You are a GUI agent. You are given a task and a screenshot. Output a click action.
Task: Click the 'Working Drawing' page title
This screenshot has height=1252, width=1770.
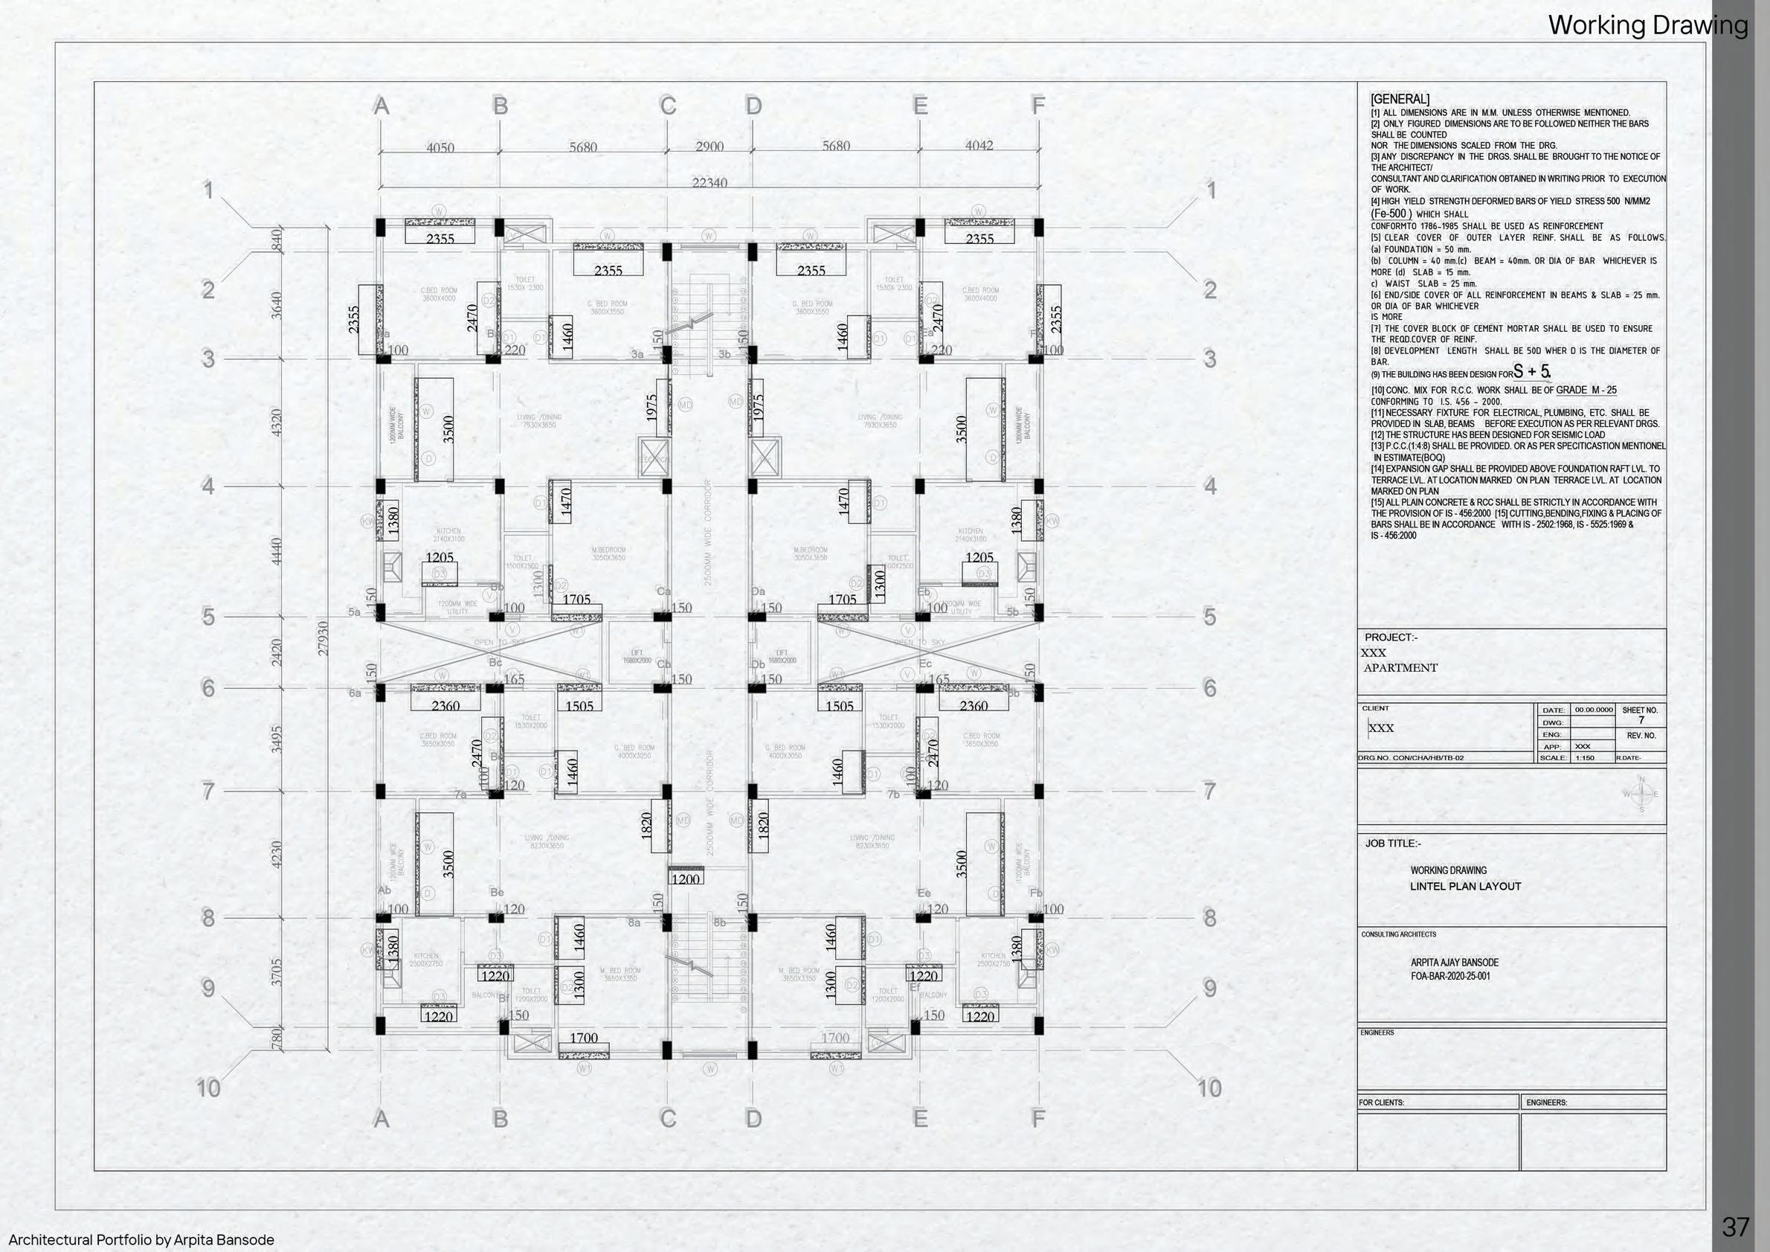(x=1647, y=25)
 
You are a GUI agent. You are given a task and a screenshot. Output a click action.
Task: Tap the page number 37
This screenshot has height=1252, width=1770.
(x=1735, y=1227)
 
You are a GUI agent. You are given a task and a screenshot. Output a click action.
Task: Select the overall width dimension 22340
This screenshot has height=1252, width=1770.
(x=709, y=183)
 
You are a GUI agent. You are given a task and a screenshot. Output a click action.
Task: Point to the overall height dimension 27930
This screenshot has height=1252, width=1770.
(x=323, y=638)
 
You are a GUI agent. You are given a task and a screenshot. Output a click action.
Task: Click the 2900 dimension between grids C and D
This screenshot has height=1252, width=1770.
(x=709, y=146)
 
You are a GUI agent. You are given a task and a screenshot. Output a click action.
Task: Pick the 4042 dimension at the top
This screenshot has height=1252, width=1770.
(x=979, y=145)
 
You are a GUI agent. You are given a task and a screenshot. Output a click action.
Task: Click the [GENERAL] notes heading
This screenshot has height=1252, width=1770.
(x=1399, y=99)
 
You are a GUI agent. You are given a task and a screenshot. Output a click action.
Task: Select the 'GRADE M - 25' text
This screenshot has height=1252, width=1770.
(x=1586, y=390)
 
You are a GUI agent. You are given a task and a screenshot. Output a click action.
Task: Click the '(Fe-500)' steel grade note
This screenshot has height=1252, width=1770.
(x=1391, y=214)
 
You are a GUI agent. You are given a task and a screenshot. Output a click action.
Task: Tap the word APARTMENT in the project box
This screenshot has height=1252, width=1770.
(x=1400, y=667)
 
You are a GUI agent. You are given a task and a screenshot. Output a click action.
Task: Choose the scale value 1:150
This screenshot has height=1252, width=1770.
(x=1584, y=758)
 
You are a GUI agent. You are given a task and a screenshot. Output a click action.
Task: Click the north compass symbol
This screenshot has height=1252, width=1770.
(x=1641, y=794)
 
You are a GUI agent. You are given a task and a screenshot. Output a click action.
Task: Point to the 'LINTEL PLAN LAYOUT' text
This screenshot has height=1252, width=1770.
(x=1465, y=887)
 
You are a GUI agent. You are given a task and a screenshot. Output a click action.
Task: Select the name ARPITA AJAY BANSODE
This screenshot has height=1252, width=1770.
(x=1454, y=962)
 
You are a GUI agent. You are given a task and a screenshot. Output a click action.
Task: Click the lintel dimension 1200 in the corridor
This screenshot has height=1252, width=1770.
(x=686, y=879)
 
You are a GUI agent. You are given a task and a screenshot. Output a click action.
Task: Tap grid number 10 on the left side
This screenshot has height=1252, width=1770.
(x=208, y=1088)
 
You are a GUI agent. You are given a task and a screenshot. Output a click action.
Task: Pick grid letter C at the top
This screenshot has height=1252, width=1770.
(x=668, y=106)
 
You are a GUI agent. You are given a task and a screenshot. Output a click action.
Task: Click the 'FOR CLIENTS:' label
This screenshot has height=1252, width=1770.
(x=1381, y=1102)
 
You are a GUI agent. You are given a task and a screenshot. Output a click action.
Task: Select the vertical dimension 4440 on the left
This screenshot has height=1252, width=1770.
(x=277, y=551)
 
